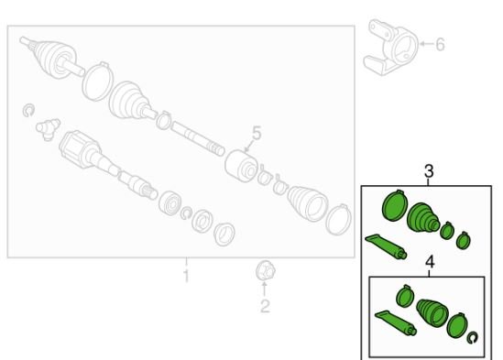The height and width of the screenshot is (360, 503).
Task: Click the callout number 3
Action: pos(429,171)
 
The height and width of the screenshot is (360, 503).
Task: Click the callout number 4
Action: pos(430,262)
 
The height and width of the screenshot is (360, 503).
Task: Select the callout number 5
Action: pos(257,133)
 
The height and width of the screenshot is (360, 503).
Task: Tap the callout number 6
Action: pos(440,44)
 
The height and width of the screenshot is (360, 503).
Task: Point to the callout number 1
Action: pos(186,276)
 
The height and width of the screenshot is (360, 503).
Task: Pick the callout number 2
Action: pos(265,306)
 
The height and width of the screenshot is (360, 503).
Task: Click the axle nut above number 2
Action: pos(266,270)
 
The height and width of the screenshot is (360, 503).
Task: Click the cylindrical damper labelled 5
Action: pos(241,166)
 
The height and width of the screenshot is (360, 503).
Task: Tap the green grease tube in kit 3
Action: pos(386,246)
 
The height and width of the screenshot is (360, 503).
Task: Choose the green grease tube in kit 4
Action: pos(396,322)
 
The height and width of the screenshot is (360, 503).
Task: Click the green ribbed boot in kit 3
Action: pos(423,217)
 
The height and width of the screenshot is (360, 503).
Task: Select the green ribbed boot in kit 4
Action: pos(432,313)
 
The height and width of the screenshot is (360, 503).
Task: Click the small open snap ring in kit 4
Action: pos(472,338)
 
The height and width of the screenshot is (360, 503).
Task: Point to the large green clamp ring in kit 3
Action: pos(395,205)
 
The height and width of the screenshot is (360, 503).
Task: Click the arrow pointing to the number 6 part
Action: pos(426,44)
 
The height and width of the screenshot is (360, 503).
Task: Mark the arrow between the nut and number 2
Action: pos(265,289)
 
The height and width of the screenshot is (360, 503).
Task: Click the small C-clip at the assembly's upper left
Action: pos(29,110)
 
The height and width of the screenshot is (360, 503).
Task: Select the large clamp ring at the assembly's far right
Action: pos(338,220)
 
